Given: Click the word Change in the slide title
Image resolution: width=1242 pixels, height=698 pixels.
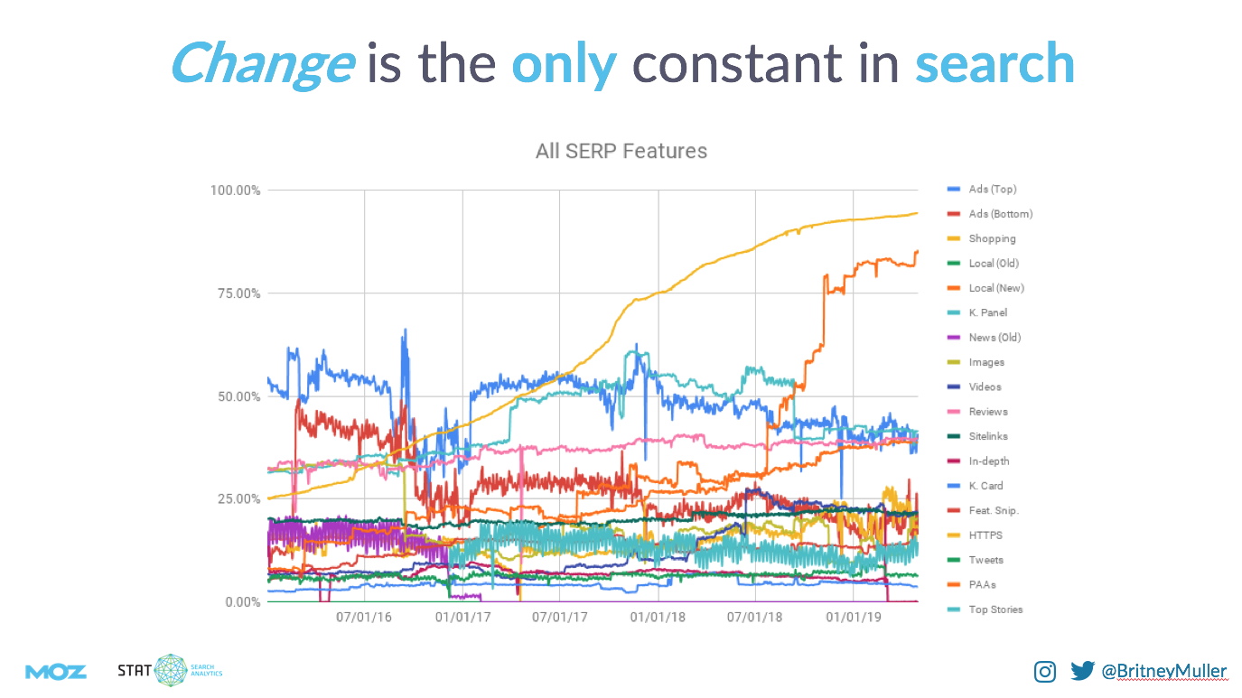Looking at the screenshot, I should [x=261, y=63].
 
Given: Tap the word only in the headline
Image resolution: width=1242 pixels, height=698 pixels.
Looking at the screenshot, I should [x=564, y=63].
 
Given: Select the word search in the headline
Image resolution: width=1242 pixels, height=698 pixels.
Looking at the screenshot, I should [x=995, y=63].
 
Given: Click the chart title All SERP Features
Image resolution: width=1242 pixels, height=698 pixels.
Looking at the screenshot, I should [x=621, y=151].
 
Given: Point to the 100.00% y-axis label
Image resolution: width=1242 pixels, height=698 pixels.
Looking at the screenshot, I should [x=236, y=191].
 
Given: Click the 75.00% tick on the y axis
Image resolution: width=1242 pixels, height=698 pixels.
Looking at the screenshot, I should [x=238, y=293].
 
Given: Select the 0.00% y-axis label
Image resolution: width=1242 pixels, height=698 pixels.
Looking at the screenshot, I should [x=241, y=602].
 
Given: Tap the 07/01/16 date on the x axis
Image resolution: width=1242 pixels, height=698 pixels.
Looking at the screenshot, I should [x=364, y=618].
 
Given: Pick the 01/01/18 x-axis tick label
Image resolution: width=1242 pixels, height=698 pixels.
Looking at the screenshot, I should [x=658, y=618].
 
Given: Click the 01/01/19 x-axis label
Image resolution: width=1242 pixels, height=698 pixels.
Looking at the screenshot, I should [x=854, y=618].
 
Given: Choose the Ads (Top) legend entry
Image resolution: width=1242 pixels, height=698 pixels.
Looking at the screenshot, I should [x=992, y=190].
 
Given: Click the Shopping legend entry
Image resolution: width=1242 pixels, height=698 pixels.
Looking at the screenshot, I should [x=992, y=238].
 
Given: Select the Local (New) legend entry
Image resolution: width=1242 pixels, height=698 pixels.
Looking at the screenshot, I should [x=995, y=288].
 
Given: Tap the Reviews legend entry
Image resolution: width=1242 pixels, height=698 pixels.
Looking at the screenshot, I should [x=987, y=412].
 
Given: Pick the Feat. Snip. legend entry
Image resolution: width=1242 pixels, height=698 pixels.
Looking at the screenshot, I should [x=994, y=510].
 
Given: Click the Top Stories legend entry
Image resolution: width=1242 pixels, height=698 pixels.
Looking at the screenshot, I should [x=995, y=610].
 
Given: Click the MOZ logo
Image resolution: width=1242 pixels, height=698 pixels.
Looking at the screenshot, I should [x=56, y=671].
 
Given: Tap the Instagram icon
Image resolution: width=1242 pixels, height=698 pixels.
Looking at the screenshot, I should [x=1045, y=671].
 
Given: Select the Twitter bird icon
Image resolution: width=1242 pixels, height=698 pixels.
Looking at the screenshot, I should [x=1082, y=671].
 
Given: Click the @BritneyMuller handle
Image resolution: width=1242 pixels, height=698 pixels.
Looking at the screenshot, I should [x=1163, y=671].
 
